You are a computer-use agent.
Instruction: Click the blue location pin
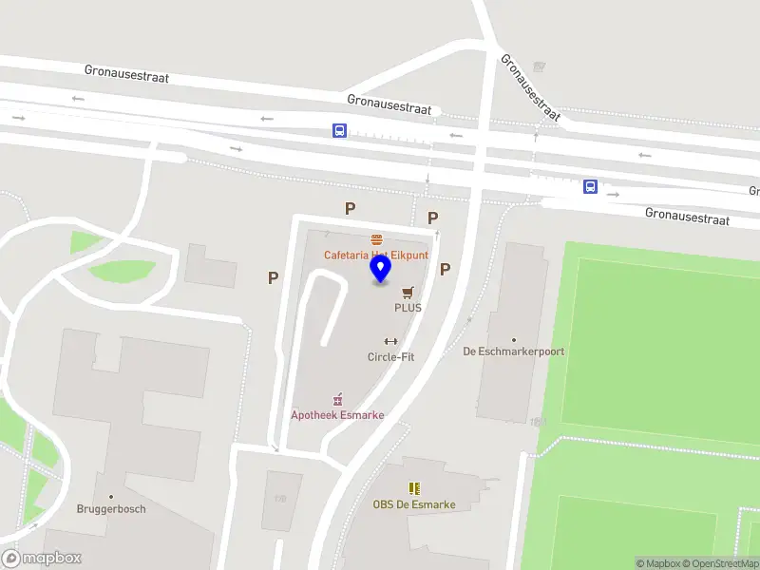381,270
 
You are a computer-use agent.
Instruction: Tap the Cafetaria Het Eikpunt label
376,255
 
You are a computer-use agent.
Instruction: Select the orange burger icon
377,239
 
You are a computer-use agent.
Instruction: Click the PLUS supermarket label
408,308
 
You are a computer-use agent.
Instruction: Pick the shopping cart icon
408,293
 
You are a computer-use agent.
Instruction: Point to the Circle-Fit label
390,357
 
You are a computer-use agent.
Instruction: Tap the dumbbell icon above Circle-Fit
390,342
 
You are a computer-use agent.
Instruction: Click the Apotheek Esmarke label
337,415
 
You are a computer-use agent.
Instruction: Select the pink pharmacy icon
337,400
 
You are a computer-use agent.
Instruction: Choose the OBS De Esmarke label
414,504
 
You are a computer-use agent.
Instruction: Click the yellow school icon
414,488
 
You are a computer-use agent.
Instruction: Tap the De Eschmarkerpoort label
513,351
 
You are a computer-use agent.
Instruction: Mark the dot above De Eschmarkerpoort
514,339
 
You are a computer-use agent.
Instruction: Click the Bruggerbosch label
111,508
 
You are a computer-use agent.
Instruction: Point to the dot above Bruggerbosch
111,496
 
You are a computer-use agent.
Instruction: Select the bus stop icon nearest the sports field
590,187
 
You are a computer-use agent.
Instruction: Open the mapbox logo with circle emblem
42,559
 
